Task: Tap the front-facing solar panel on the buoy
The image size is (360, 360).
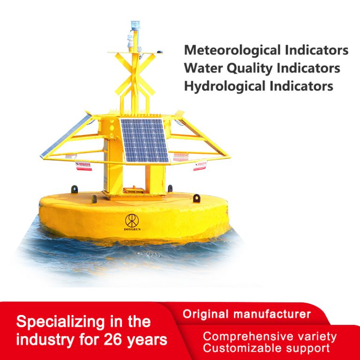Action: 144,140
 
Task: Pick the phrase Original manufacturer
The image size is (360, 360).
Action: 247,314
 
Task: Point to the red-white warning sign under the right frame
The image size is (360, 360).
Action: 200,164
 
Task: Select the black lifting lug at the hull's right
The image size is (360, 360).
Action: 196,198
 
